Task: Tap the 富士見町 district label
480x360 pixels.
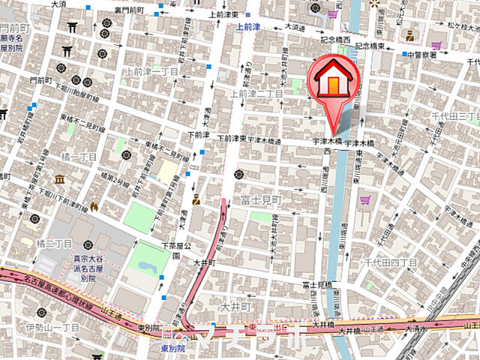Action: coord(260,200)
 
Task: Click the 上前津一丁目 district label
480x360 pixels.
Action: coord(152,72)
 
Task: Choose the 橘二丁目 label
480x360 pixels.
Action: coord(53,244)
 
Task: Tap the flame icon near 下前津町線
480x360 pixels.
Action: coord(94,205)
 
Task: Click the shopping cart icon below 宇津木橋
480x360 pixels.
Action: coord(365,200)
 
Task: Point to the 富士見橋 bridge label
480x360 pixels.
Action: coord(317,285)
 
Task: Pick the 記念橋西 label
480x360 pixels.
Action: coord(333,44)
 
